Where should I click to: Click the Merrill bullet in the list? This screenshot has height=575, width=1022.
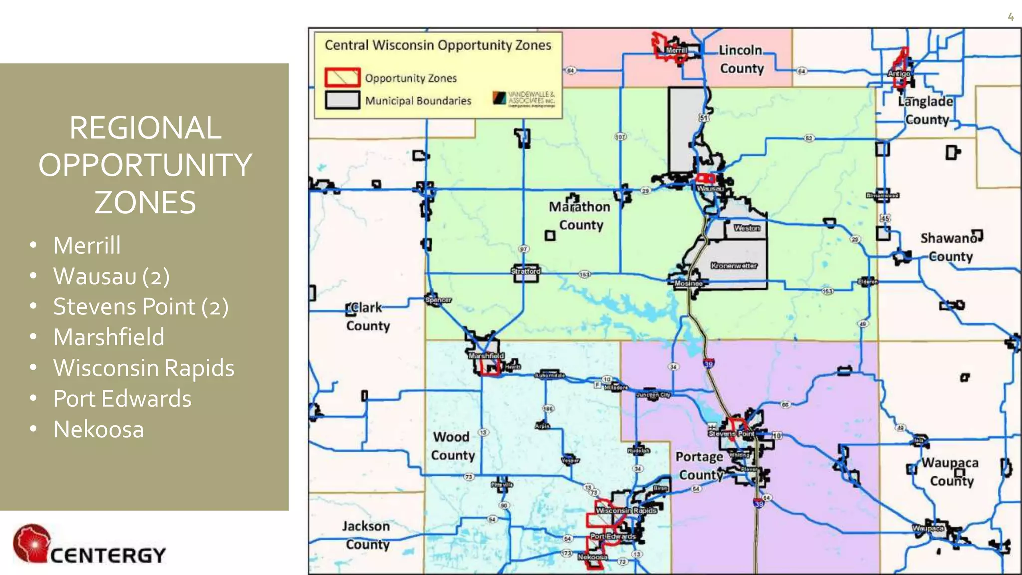tap(87, 245)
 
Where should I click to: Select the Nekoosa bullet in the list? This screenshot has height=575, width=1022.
tap(98, 429)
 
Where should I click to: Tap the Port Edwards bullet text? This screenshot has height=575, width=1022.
tap(122, 399)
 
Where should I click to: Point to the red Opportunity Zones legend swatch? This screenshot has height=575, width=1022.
tap(342, 77)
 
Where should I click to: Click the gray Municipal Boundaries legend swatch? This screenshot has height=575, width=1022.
tap(342, 100)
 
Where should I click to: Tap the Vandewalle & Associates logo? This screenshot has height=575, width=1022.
tap(523, 98)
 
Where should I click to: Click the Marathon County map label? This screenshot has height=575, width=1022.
tap(580, 216)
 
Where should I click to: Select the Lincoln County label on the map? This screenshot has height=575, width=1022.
tap(741, 59)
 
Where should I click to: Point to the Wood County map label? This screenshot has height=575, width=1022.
tap(452, 446)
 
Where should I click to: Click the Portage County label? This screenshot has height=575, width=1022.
tap(700, 466)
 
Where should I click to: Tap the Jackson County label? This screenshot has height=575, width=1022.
tap(367, 535)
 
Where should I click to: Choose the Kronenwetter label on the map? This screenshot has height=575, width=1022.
tap(734, 266)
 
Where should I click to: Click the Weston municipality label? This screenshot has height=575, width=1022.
tap(747, 228)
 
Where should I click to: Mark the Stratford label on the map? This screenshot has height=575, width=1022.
tap(526, 271)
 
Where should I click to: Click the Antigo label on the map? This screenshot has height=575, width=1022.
tap(899, 73)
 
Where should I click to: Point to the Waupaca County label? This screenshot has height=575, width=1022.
tap(950, 472)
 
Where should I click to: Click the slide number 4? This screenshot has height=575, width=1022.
tap(1011, 17)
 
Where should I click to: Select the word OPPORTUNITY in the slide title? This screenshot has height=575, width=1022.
tap(145, 165)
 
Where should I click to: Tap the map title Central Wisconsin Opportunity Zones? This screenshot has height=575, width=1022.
tap(438, 45)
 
